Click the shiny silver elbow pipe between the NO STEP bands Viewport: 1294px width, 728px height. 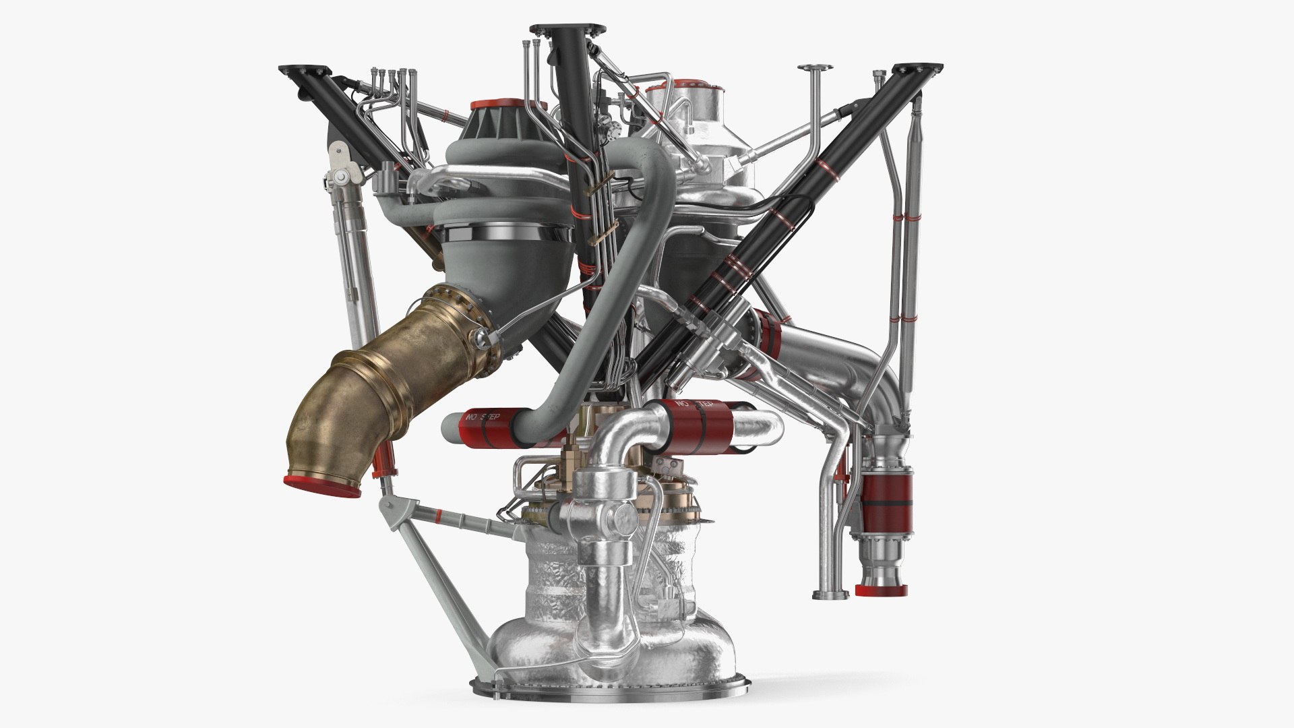627,431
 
